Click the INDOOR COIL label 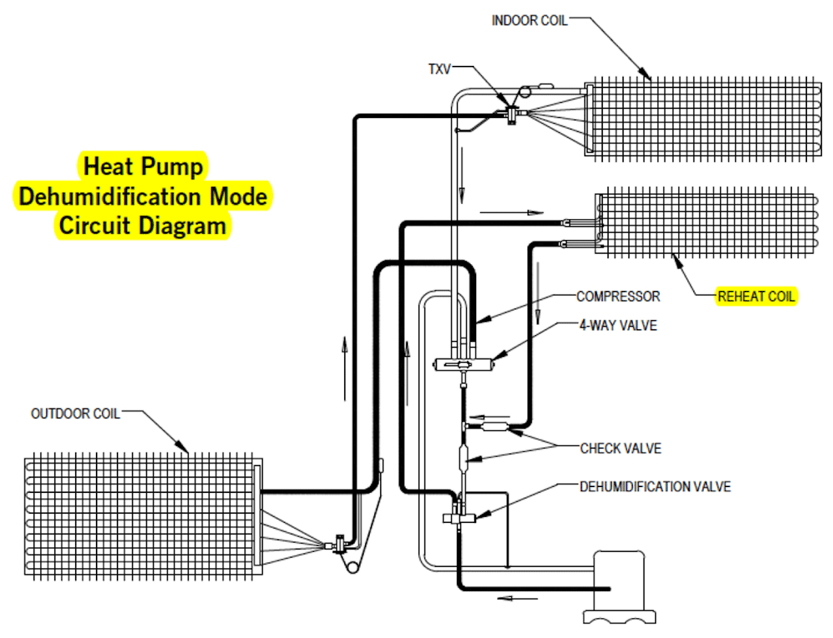[529, 21]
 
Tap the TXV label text [439, 69]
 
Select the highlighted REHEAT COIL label [756, 297]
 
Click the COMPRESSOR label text [618, 297]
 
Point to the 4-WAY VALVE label [618, 326]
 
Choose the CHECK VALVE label [620, 448]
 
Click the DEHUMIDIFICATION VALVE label [655, 487]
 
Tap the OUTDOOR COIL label [75, 414]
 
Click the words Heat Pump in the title [143, 167]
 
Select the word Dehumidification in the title [110, 197]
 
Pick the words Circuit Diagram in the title [142, 226]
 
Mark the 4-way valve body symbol [463, 364]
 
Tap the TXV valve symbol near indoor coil [512, 114]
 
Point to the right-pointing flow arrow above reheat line [512, 213]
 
